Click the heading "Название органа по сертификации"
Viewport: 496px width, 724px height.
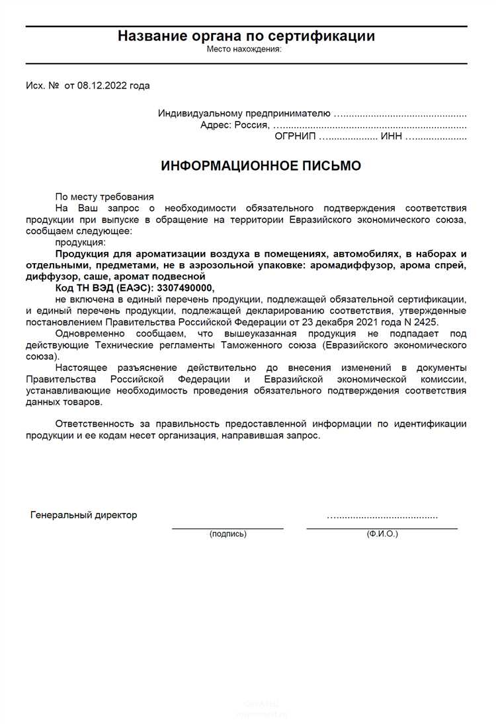click(x=246, y=36)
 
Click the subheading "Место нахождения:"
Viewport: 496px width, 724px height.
click(x=244, y=49)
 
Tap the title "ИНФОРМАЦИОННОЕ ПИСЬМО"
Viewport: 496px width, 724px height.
click(x=261, y=166)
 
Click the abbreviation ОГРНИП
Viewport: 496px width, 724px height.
click(x=295, y=137)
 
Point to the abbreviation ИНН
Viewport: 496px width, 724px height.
click(x=391, y=137)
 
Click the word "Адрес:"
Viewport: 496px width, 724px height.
click(x=216, y=125)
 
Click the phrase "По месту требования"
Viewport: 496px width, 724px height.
click(x=104, y=196)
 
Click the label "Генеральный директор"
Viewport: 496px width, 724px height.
click(x=84, y=515)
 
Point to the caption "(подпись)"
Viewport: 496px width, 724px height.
click(x=227, y=534)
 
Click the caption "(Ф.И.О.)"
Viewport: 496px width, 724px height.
click(x=382, y=534)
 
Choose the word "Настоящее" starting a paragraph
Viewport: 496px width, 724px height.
click(x=79, y=368)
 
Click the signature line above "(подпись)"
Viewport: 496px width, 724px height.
click(x=227, y=528)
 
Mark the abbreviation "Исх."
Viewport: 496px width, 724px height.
click(x=35, y=85)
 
